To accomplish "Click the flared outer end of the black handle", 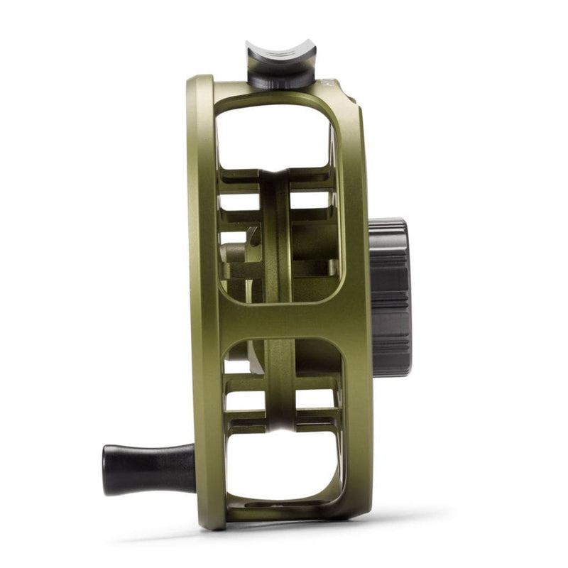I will click(x=109, y=468).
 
